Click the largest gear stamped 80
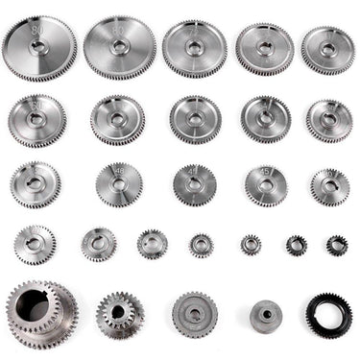[39, 49]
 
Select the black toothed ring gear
[328, 313]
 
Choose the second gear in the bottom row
[120, 313]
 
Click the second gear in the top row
[119, 47]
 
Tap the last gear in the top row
[328, 49]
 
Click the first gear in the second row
[38, 120]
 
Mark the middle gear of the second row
[195, 119]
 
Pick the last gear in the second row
[329, 120]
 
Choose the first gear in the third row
[36, 183]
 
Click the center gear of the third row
[195, 183]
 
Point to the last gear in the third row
[329, 185]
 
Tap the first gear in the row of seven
[36, 245]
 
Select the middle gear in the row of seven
[202, 245]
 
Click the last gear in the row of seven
[336, 245]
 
